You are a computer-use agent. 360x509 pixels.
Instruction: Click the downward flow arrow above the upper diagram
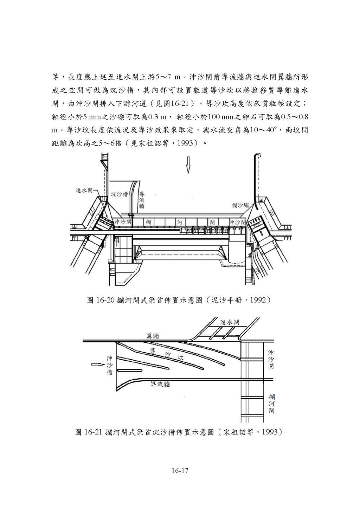[x=188, y=164]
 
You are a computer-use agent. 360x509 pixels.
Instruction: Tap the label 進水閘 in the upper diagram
[x=84, y=190]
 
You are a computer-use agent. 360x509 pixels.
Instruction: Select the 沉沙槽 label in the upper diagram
[x=119, y=194]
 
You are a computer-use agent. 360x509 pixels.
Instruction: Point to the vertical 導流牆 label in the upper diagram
[x=142, y=200]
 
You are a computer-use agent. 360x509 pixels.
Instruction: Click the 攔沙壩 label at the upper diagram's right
[x=240, y=205]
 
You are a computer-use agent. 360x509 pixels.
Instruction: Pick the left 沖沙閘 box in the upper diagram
[x=123, y=222]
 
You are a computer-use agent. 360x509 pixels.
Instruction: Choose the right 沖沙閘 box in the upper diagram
[x=238, y=222]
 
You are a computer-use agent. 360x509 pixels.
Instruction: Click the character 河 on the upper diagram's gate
[x=179, y=222]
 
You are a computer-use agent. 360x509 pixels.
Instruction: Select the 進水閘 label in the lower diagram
[x=230, y=322]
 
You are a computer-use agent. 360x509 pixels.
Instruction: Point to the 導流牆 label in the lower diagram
[x=160, y=384]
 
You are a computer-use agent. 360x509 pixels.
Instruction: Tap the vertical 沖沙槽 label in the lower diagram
[x=109, y=365]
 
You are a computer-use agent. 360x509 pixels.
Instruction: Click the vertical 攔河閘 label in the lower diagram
[x=271, y=404]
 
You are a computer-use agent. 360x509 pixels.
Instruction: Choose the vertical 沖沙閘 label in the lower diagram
[x=271, y=359]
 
